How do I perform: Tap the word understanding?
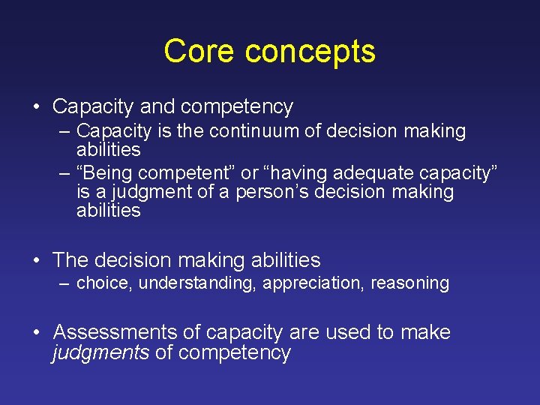click(x=197, y=283)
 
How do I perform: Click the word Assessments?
click(x=115, y=332)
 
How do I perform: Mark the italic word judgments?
click(x=100, y=353)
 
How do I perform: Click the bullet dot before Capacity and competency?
click(x=37, y=107)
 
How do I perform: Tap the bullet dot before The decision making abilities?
click(x=37, y=261)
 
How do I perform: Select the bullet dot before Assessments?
click(x=37, y=332)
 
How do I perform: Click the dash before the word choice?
click(x=65, y=283)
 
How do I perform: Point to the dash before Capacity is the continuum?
click(x=65, y=131)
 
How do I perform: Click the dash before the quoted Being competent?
click(x=65, y=173)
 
